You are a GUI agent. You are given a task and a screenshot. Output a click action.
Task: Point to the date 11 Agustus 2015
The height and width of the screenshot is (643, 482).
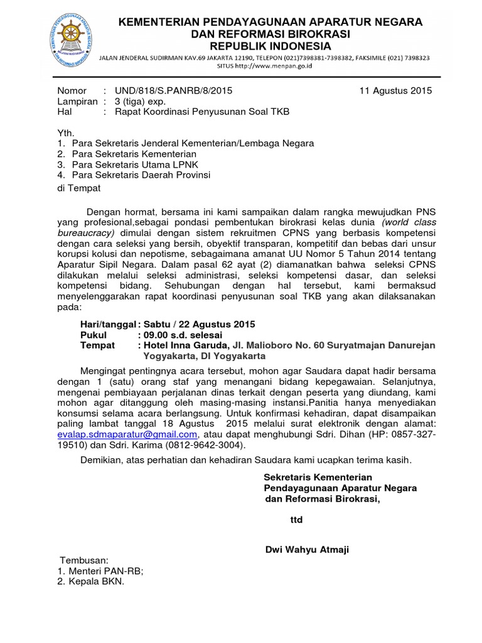coord(395,90)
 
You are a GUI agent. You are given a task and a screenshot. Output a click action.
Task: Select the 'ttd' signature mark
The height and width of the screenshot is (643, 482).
coord(296,520)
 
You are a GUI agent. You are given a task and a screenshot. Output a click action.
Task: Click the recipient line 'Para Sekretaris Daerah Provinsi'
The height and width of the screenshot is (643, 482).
coord(141,175)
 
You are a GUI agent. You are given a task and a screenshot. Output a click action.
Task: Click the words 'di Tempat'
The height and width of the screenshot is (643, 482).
coord(78,187)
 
